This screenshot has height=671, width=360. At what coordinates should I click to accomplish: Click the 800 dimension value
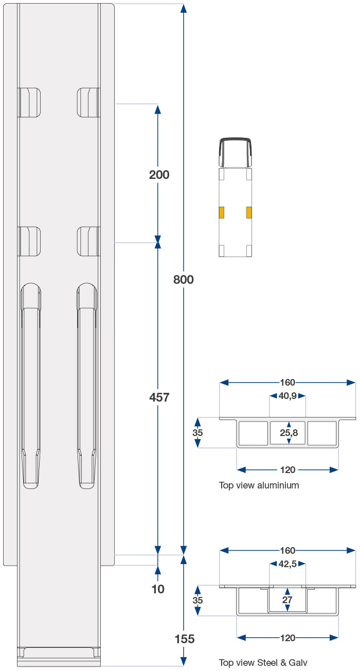pos(184,280)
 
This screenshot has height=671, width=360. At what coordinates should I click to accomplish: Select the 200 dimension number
pos(159,175)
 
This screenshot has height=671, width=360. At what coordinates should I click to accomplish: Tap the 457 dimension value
pos(159,397)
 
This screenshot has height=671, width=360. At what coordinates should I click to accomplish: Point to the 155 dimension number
pos(185,639)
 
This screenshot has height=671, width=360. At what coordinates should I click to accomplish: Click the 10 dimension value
pos(158,589)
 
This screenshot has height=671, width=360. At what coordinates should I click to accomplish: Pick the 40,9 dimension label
pos(287,396)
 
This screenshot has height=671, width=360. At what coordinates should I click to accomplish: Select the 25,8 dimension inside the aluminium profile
pos(289,433)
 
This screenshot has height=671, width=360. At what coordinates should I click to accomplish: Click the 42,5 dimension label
pos(288,565)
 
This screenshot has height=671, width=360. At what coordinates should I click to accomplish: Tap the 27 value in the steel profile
pos(287,600)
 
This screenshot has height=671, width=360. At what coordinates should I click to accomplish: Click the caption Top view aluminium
pos(259,485)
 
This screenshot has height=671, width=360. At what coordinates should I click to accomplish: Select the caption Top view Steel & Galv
pos(263,663)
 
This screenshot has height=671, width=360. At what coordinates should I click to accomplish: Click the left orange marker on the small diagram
pos(222,212)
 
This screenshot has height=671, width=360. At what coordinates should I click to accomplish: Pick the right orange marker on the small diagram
pos(249,212)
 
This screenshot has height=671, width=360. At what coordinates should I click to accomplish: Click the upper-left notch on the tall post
pos(30,102)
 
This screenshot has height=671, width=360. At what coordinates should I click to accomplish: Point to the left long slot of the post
pos(31,385)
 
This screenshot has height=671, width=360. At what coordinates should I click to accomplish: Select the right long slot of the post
pos(87,385)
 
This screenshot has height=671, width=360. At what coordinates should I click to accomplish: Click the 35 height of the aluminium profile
pos(197,433)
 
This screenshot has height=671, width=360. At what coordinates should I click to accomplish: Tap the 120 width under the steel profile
pos(288,638)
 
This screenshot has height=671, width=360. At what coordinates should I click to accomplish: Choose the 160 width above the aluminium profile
pos(287,383)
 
